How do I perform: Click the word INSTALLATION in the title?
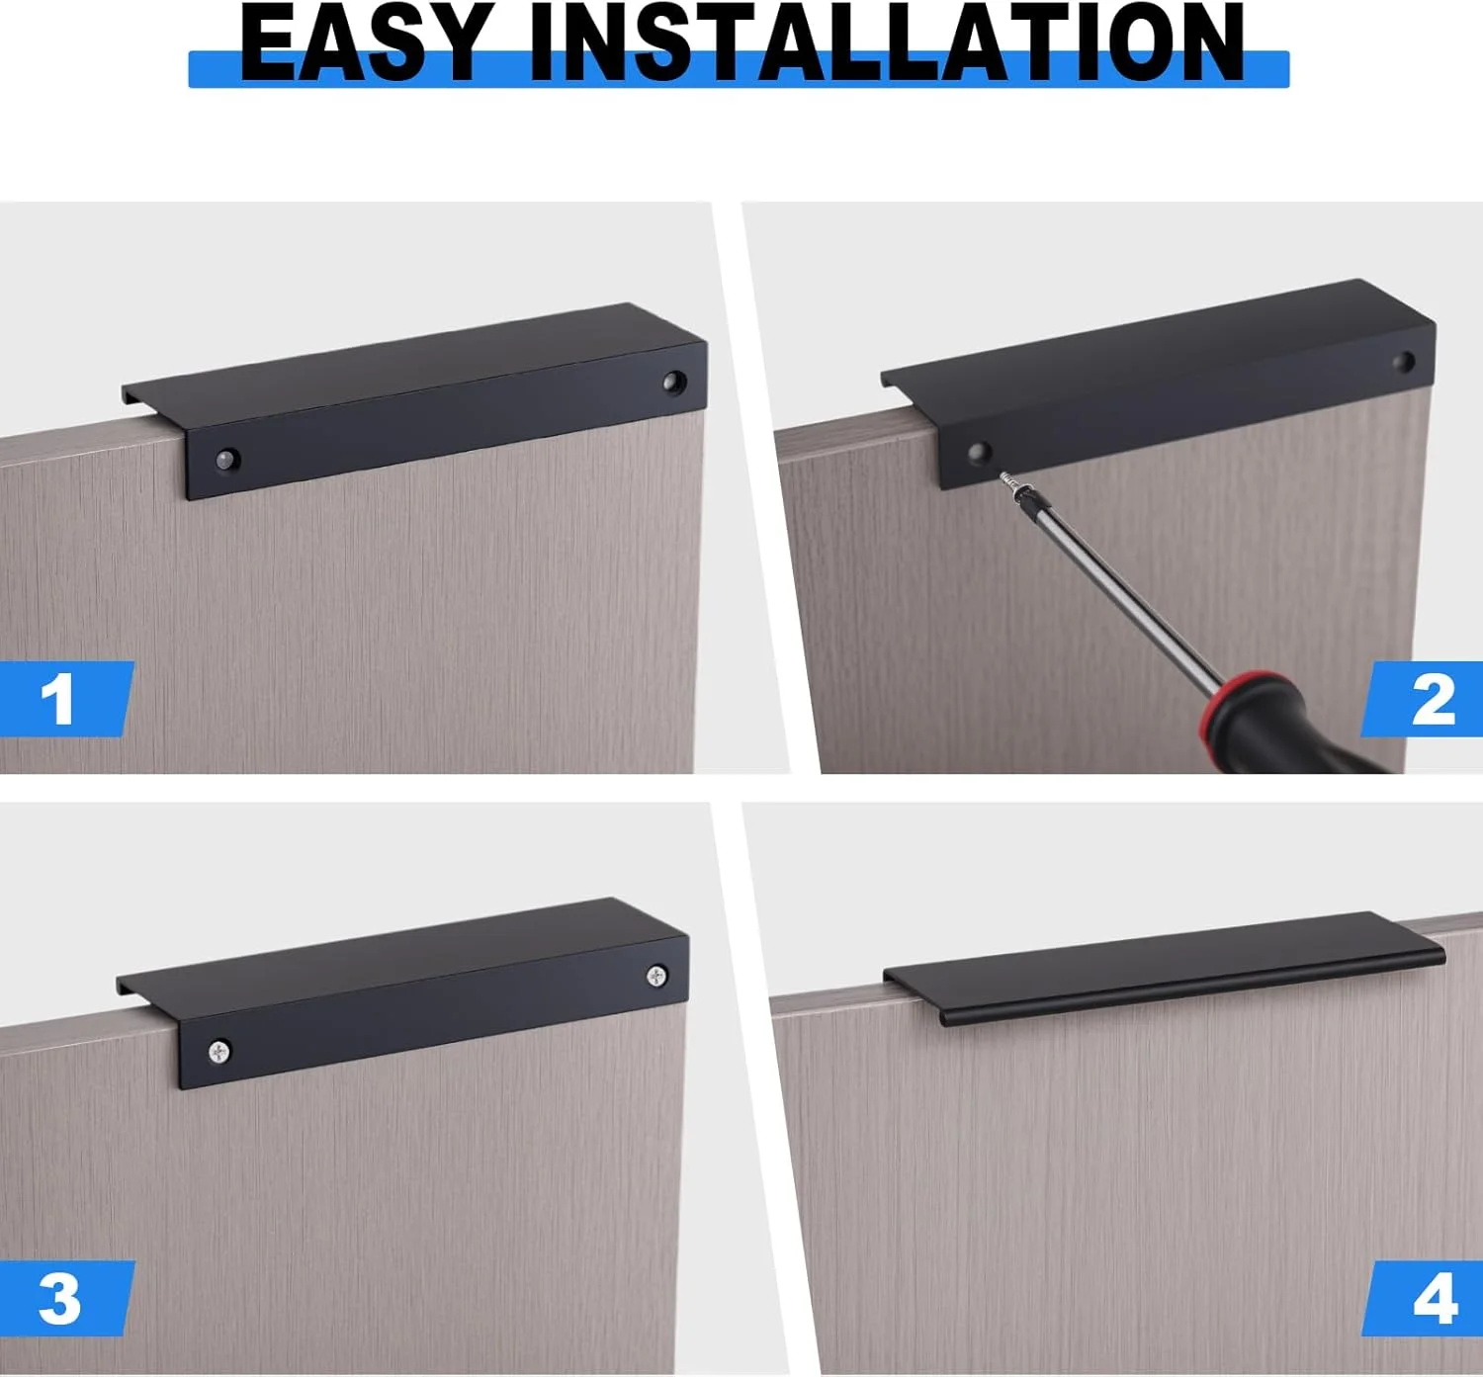[x=887, y=44]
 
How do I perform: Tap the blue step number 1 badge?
[x=61, y=699]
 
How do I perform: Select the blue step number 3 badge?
[x=61, y=1299]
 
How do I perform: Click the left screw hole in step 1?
[x=227, y=459]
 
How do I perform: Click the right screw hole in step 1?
[x=674, y=380]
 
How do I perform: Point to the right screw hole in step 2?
[x=1404, y=362]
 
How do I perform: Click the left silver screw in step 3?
[x=219, y=1052]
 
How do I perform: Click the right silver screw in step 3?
[x=656, y=977]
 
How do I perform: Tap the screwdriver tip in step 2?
[x=1007, y=478]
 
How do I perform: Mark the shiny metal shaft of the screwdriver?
[x=1117, y=583]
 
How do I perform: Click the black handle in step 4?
[x=1167, y=969]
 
